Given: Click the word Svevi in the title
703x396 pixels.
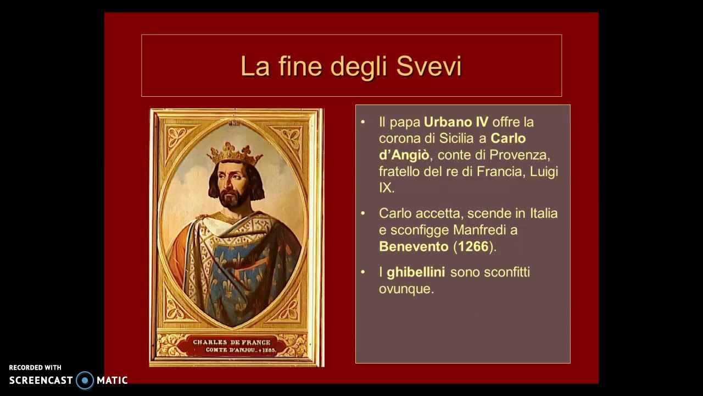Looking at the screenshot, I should click(x=428, y=67).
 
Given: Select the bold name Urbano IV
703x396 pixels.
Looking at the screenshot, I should click(x=456, y=122).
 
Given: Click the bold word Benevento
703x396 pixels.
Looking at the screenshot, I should click(x=414, y=246).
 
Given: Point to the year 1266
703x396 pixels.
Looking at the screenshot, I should click(x=473, y=246).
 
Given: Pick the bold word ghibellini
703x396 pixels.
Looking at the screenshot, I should click(x=416, y=272).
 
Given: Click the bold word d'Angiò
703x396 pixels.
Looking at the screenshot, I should click(x=404, y=155).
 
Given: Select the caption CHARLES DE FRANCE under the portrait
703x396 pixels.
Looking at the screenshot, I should click(x=231, y=342).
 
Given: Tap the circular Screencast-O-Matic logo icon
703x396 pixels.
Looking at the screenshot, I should click(x=85, y=380).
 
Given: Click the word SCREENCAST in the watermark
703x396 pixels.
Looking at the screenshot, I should click(x=41, y=380).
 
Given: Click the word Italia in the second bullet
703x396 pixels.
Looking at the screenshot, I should click(x=544, y=213).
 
